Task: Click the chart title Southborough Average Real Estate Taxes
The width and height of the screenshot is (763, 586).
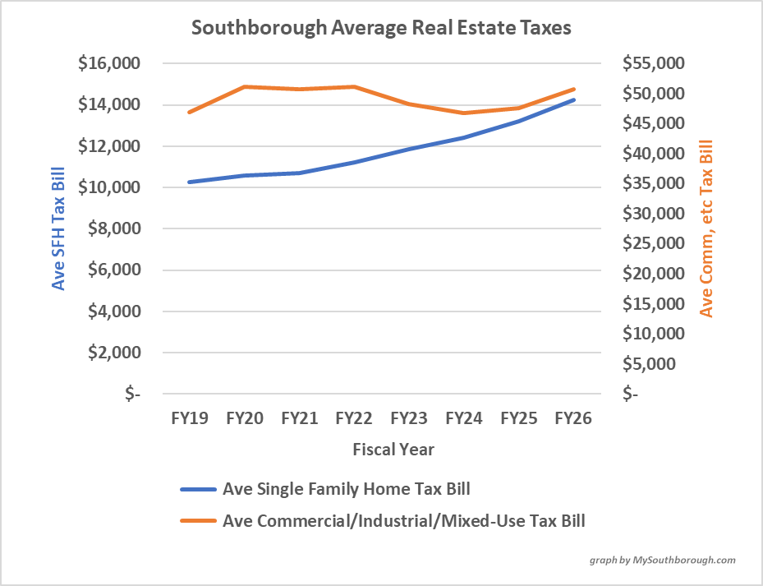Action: [x=381, y=27]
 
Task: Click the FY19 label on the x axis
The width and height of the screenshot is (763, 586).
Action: [x=190, y=418]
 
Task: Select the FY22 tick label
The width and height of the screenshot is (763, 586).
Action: [x=354, y=418]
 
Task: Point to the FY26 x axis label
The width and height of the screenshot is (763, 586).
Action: [x=573, y=418]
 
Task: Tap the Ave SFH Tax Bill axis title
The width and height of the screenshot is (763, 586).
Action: [x=58, y=228]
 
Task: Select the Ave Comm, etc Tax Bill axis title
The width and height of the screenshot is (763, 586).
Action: [x=706, y=228]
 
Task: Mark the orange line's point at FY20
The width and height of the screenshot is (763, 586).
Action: [x=245, y=86]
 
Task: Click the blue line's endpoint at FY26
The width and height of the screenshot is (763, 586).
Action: [x=573, y=100]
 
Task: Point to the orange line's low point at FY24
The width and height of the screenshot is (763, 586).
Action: [x=464, y=113]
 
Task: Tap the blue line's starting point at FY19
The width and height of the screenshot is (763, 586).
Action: [x=190, y=182]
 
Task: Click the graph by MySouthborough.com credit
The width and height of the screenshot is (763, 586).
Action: [x=662, y=560]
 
